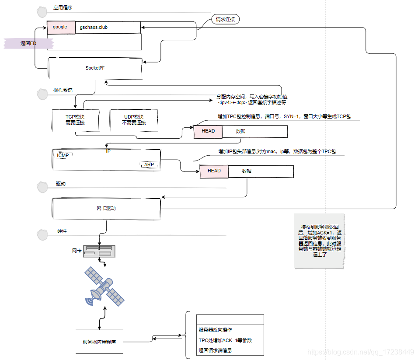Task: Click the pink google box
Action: (x=61, y=27)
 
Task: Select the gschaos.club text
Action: (x=94, y=27)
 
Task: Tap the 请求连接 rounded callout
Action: (x=225, y=19)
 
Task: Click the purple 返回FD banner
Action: (x=28, y=43)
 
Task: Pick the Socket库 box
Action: (x=95, y=68)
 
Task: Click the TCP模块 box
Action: (x=75, y=119)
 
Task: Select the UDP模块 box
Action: (x=133, y=119)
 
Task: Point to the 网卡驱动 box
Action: (x=106, y=208)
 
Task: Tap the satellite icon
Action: (x=104, y=286)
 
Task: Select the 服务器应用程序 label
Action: (x=99, y=342)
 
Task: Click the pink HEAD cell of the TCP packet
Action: (x=208, y=131)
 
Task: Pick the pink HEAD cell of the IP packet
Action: (x=214, y=171)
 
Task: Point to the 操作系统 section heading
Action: (x=63, y=90)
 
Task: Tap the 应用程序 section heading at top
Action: (x=63, y=8)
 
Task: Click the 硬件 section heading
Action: (x=62, y=231)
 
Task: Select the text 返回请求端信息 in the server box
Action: (x=215, y=350)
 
